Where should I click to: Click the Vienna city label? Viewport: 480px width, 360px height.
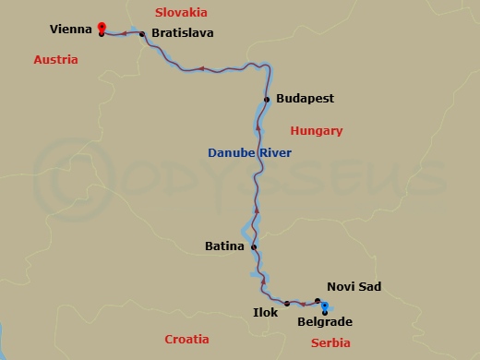click(x=70, y=30)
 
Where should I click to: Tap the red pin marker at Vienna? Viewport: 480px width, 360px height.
click(x=101, y=28)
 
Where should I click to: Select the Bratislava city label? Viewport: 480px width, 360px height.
click(x=182, y=32)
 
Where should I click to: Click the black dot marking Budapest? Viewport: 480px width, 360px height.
click(x=266, y=99)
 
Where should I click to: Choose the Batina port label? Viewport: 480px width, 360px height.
click(x=225, y=246)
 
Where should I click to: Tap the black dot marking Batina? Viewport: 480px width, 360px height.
click(x=254, y=246)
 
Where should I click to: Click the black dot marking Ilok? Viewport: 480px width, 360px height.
click(x=287, y=303)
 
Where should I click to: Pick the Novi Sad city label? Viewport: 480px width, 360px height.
click(x=354, y=287)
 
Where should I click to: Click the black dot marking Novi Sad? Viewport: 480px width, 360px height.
click(x=318, y=300)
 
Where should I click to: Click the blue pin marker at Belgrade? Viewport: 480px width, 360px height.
click(x=326, y=308)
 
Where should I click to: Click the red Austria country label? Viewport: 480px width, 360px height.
click(x=55, y=59)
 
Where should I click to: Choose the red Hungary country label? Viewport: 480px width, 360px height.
click(x=317, y=131)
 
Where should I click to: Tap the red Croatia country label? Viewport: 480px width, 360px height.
click(x=186, y=339)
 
